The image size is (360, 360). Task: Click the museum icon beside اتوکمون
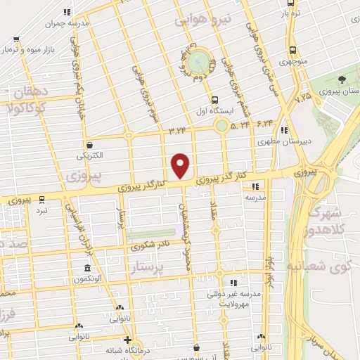[x=86, y=269]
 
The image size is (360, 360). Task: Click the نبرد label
[x=42, y=210]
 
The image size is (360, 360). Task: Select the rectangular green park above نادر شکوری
[x=150, y=234]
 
